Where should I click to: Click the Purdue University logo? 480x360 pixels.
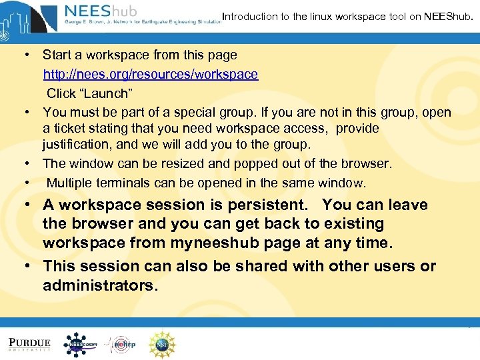[x=30, y=344]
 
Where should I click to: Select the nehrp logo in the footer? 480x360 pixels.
[x=121, y=344]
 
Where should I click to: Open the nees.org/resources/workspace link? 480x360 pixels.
[x=151, y=75]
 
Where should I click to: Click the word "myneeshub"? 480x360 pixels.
[x=213, y=243]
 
